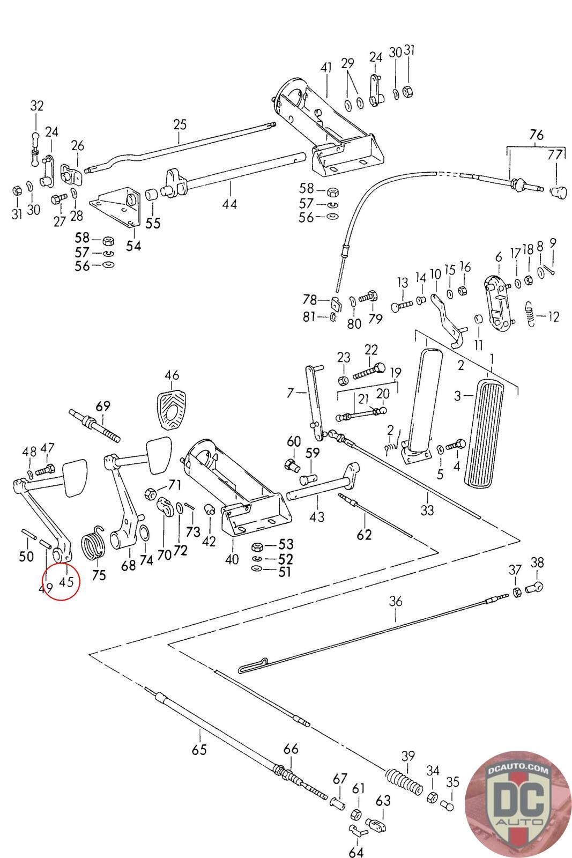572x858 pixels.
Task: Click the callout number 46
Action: (172, 375)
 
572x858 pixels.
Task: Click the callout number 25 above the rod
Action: (180, 125)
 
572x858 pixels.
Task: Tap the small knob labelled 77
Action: (559, 190)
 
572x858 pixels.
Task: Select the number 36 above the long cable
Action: (395, 601)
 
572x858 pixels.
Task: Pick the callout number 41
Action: (326, 68)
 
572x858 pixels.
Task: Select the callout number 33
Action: (427, 509)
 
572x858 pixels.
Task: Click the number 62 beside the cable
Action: (364, 535)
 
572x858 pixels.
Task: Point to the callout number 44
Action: (229, 204)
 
